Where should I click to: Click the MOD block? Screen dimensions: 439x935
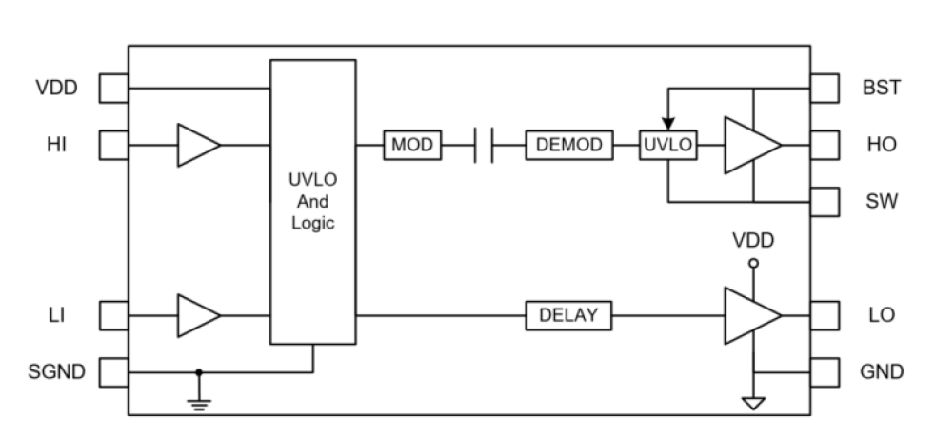click(x=411, y=145)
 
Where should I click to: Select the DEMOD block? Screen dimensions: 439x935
click(x=568, y=145)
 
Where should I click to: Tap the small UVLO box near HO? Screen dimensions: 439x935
click(x=668, y=145)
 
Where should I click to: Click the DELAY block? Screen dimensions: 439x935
click(x=568, y=314)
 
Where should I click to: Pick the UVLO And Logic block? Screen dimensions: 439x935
click(x=313, y=201)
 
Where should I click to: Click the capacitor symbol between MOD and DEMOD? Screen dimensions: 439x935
click(x=484, y=145)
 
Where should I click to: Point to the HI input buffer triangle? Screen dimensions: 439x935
click(x=197, y=145)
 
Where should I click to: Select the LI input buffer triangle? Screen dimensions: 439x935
click(x=197, y=314)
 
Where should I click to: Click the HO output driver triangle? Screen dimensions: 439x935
click(x=750, y=145)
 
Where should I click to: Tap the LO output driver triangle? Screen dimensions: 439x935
click(x=750, y=314)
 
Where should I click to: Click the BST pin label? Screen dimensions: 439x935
click(x=881, y=89)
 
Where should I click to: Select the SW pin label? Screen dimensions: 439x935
click(x=882, y=202)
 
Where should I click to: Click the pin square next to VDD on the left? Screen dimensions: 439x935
click(x=113, y=89)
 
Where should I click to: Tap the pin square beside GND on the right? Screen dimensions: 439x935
click(x=825, y=371)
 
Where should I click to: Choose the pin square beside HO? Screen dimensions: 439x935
click(x=825, y=145)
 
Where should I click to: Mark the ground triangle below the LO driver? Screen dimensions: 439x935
click(x=753, y=404)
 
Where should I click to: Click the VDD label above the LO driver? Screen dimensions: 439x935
click(x=753, y=241)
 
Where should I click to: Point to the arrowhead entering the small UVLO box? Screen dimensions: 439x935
click(x=668, y=124)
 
